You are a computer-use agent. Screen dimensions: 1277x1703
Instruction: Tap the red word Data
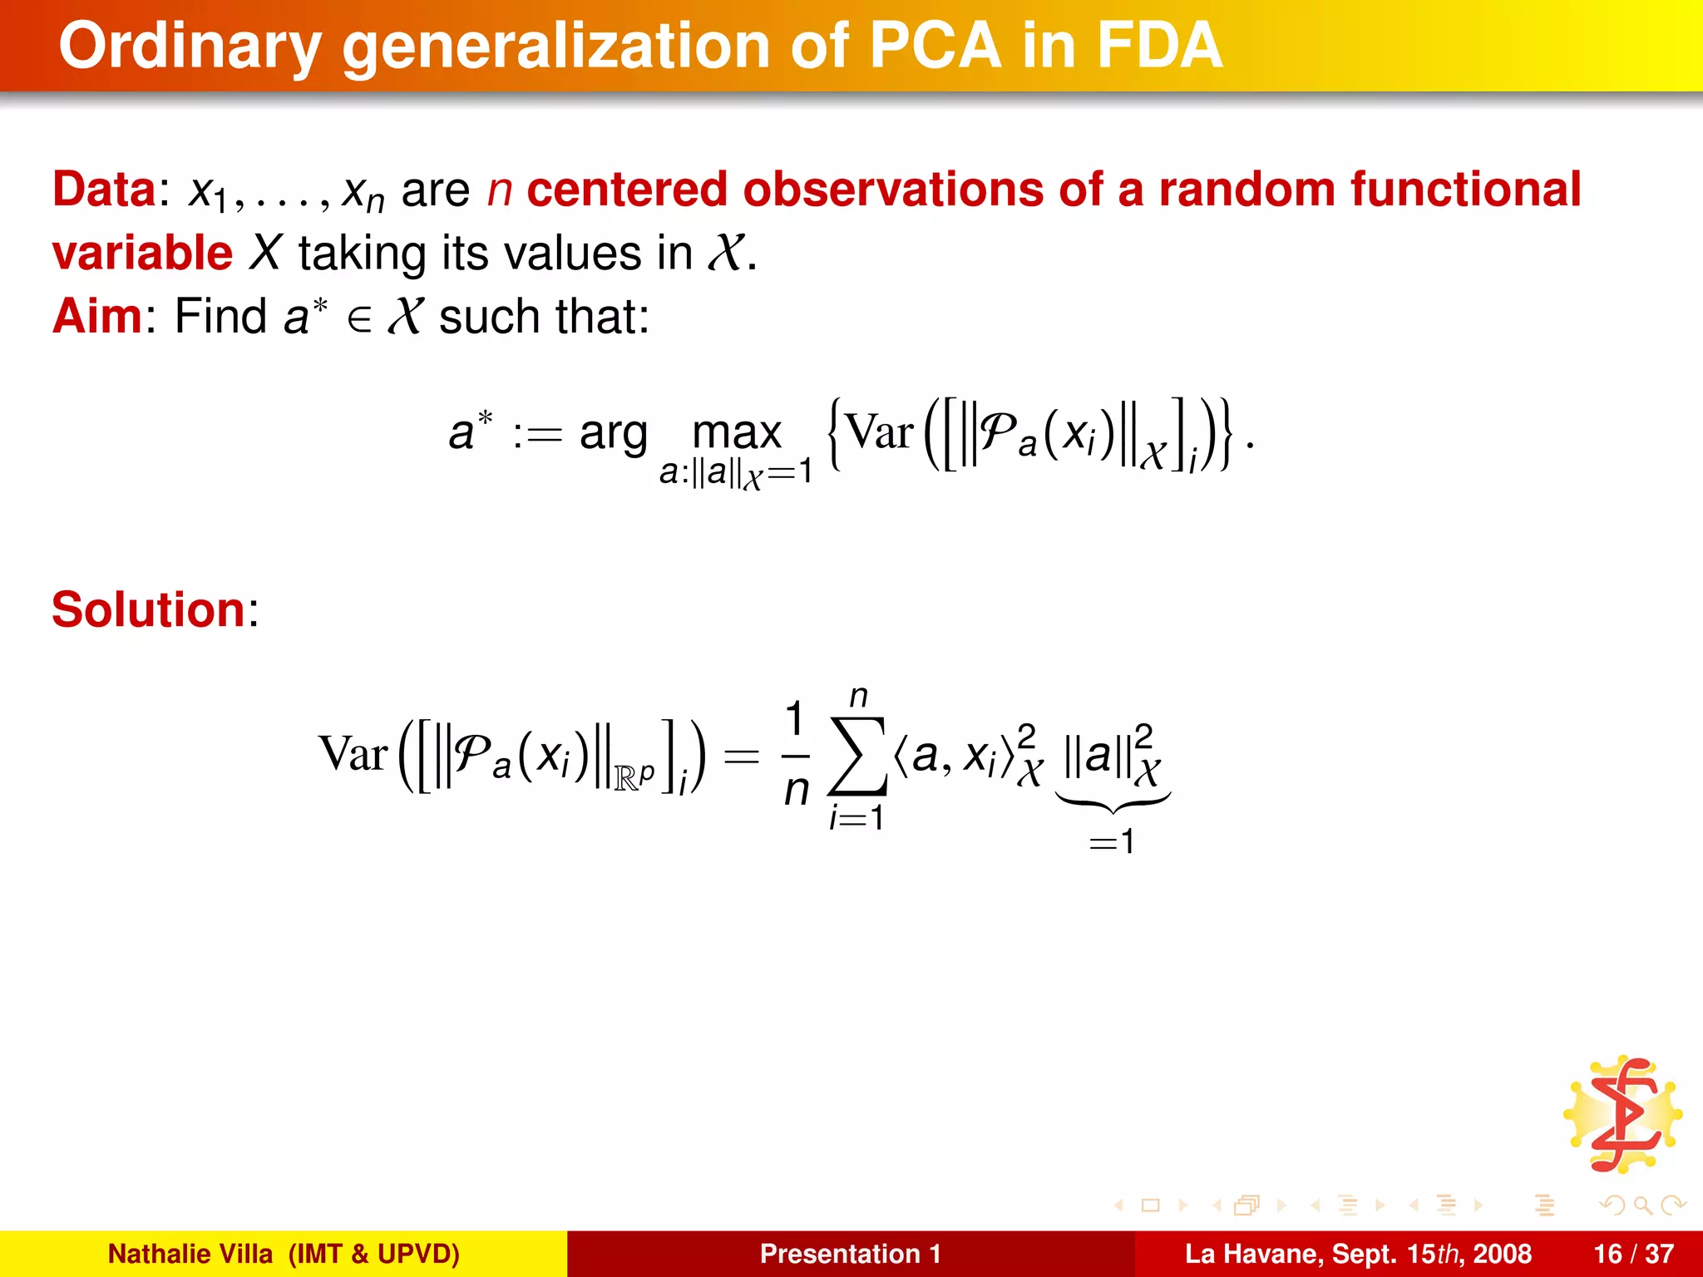tap(104, 190)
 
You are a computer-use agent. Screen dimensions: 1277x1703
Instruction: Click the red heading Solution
tap(149, 609)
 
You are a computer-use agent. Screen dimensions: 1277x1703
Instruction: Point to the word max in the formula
tap(737, 432)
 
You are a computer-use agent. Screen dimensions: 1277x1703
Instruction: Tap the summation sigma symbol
tap(857, 757)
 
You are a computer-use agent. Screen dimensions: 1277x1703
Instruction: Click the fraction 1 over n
tap(796, 755)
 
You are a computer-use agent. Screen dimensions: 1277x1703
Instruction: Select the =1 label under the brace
tap(1112, 842)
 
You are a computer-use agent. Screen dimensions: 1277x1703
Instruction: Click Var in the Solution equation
tap(353, 755)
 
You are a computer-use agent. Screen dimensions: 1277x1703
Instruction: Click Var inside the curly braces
tap(879, 432)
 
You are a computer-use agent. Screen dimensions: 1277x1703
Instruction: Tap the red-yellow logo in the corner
tap(1622, 1115)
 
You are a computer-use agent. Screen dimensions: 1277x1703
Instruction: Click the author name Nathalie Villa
tap(190, 1254)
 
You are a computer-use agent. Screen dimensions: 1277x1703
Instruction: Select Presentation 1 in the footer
tap(850, 1254)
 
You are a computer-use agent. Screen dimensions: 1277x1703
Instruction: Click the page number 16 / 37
tap(1633, 1254)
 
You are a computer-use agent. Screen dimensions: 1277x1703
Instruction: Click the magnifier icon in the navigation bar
tap(1642, 1205)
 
